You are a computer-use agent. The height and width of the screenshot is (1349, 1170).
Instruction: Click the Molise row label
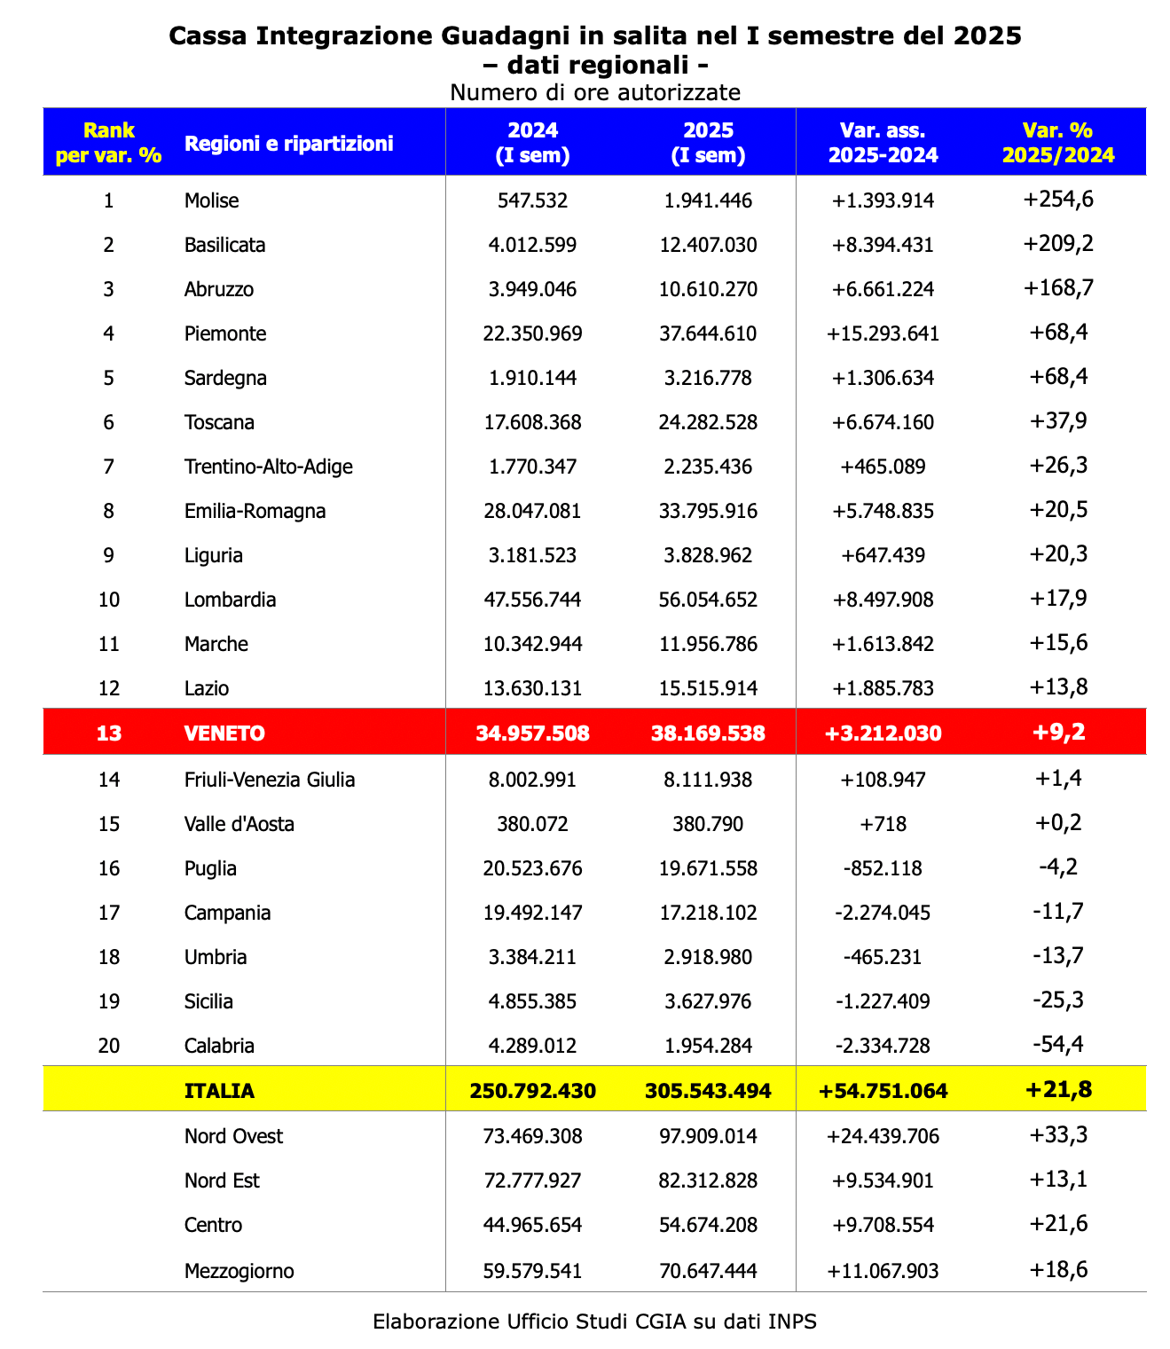click(211, 200)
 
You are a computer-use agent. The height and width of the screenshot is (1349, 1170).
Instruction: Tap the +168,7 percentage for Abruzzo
click(1058, 288)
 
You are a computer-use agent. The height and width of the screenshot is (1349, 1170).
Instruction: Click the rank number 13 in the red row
click(108, 733)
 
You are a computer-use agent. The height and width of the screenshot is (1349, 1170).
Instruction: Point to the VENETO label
click(224, 733)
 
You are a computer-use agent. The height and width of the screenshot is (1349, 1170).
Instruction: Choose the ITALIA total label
click(219, 1090)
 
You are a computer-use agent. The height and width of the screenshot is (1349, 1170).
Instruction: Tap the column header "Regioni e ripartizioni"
click(288, 143)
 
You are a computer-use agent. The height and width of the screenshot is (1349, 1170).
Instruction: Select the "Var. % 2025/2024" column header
click(1057, 142)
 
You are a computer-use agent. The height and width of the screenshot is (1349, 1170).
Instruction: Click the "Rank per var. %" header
click(108, 142)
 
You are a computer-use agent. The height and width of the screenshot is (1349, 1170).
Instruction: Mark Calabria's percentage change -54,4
click(1058, 1045)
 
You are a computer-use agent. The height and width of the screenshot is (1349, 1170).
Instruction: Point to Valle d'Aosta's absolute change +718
click(883, 824)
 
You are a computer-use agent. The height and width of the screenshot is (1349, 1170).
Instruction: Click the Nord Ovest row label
click(233, 1136)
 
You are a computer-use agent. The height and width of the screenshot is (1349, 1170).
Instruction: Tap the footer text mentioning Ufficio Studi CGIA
click(594, 1322)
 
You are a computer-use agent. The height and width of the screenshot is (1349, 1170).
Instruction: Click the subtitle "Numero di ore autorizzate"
click(594, 92)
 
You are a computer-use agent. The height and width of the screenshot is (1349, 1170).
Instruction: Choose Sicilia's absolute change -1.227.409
click(883, 1001)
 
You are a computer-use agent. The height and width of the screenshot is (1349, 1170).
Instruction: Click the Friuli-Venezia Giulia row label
click(270, 780)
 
